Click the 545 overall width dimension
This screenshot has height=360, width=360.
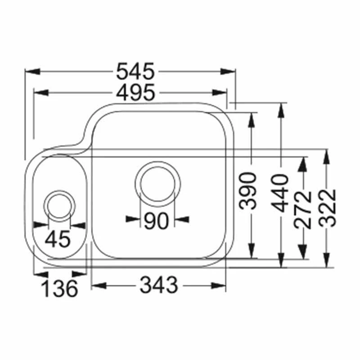[135, 72]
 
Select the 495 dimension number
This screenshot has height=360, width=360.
[135, 93]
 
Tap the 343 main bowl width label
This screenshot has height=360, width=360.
[159, 285]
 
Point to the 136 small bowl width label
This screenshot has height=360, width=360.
[60, 288]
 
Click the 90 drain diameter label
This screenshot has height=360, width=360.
[156, 221]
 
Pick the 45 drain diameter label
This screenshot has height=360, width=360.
[58, 239]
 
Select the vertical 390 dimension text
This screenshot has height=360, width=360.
[247, 191]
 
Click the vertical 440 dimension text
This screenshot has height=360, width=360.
[279, 193]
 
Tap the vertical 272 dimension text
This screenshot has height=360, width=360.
[302, 210]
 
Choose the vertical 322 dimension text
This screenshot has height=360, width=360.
[328, 208]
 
